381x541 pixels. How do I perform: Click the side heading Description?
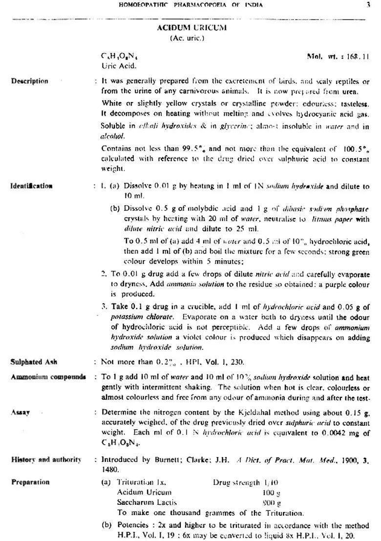point(30,81)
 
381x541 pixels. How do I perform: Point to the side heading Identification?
point(32,186)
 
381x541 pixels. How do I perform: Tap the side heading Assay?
point(20,413)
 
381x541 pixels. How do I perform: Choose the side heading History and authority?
point(46,459)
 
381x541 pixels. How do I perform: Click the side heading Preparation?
point(30,482)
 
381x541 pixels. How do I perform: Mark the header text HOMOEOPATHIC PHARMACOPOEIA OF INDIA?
point(190,5)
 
